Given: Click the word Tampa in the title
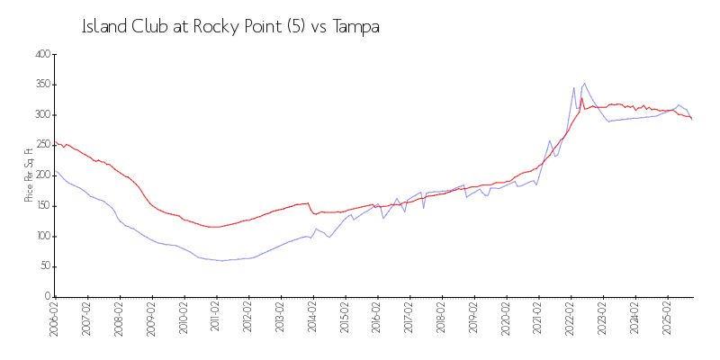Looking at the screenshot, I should click(x=356, y=27).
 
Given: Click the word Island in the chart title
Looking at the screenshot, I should click(x=101, y=27).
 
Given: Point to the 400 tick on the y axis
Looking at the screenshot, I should click(x=40, y=55).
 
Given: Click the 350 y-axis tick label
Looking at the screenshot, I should click(x=40, y=85).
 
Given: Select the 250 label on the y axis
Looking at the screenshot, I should click(x=40, y=146).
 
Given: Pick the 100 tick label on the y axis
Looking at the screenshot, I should click(x=40, y=237).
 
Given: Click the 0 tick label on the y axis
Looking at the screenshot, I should click(x=47, y=297).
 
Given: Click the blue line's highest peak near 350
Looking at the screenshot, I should click(x=585, y=83).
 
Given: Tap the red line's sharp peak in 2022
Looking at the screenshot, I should click(x=581, y=98).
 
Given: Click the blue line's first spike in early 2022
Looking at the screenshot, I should click(x=573, y=87).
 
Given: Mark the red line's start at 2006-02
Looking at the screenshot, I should click(x=56, y=142).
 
